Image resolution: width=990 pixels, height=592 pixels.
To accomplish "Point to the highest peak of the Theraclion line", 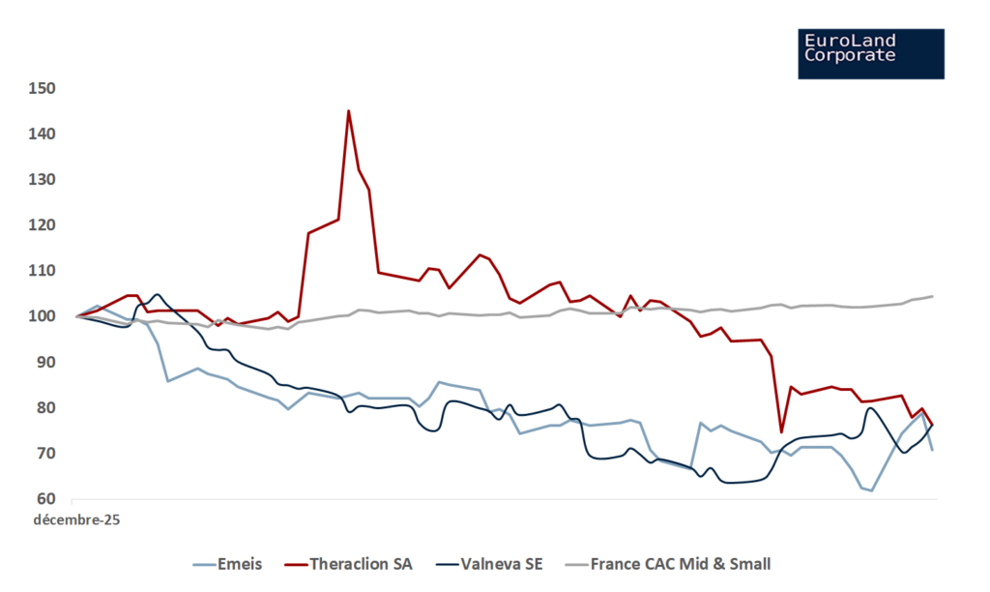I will pos(348,110).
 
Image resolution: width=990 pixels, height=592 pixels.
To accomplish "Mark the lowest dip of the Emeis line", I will pos(872,490).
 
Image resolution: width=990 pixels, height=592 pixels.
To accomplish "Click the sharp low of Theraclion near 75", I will pos(781,431).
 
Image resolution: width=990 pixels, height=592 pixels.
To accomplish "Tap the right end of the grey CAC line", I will pos(932,296).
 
